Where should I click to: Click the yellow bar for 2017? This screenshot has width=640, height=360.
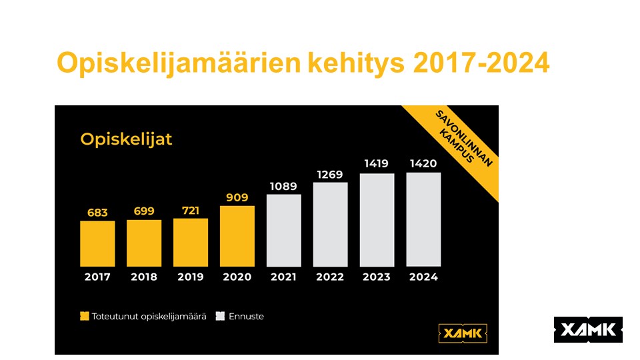pos(97,243)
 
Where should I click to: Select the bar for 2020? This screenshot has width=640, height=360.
pos(237,236)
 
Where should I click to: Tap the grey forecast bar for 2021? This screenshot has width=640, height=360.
pos(284,230)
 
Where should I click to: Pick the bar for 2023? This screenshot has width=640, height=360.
pos(377,220)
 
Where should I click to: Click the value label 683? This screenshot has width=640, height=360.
pos(97,212)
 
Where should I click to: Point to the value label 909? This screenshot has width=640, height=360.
pos(237,197)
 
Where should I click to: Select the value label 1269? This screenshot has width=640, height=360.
pos(331,175)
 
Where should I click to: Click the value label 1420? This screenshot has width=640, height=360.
pos(423,163)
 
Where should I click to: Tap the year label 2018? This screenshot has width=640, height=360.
pos(144,277)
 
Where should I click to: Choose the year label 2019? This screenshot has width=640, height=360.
pos(191,277)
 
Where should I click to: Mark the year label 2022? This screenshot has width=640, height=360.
pos(331,277)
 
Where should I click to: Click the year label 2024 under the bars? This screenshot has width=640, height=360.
pos(423,277)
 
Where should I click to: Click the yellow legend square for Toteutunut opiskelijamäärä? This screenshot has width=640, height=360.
pos(84,317)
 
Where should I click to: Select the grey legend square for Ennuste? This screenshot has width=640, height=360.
pos(220,317)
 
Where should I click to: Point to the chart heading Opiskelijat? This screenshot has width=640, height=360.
pos(126,139)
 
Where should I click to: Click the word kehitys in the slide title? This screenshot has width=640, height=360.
pos(356,64)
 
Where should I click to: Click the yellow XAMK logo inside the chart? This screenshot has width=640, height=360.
pos(463,332)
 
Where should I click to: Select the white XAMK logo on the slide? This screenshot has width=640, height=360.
pos(588,329)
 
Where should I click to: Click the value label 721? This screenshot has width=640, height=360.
pos(191,211)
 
